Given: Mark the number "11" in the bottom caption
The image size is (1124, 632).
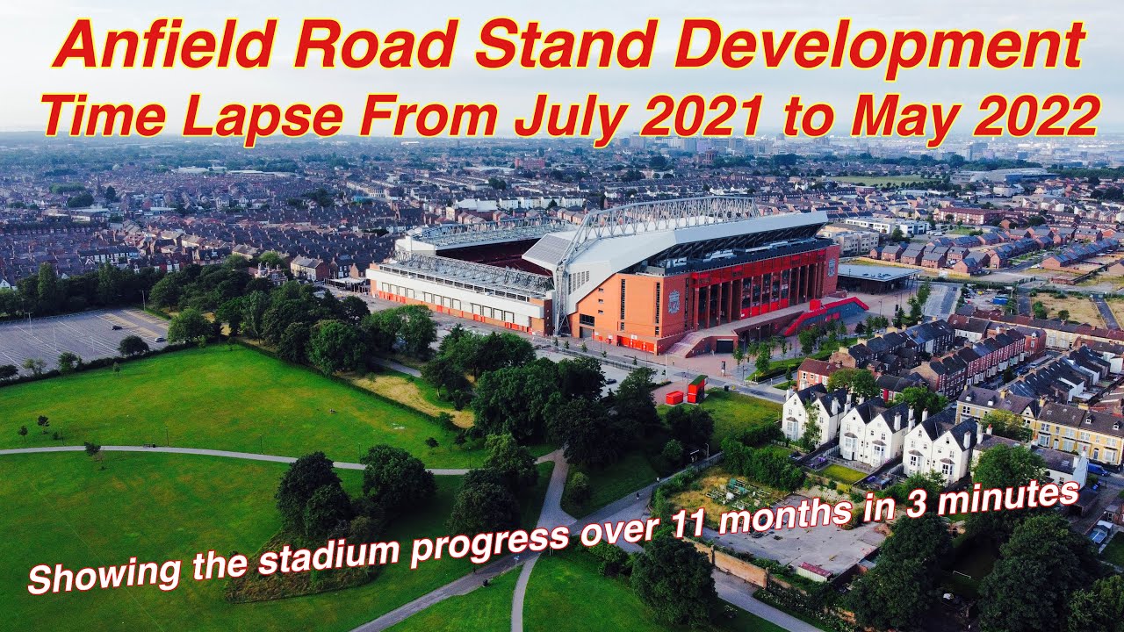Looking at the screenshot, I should [693, 524].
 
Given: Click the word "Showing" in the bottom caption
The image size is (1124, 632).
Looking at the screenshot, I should [84, 575].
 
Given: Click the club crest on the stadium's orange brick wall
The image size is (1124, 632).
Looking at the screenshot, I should [674, 303].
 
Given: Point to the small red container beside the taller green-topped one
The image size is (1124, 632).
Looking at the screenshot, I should [674, 398].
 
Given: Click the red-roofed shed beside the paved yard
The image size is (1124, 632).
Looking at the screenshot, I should [814, 571].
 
